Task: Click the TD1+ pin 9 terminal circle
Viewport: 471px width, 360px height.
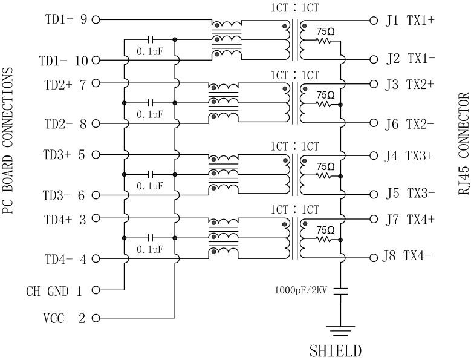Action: pyautogui.click(x=95, y=20)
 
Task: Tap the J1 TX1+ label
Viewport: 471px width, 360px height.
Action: pyautogui.click(x=409, y=20)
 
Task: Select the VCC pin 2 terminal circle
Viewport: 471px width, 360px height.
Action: pyautogui.click(x=95, y=318)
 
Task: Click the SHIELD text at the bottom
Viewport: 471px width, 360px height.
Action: pyautogui.click(x=336, y=350)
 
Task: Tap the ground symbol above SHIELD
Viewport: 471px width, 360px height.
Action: pyautogui.click(x=340, y=330)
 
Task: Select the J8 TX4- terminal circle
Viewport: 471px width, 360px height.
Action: pyautogui.click(x=372, y=257)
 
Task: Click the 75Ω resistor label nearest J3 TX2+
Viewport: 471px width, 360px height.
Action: pyautogui.click(x=325, y=94)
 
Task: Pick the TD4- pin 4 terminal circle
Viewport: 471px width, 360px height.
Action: pyautogui.click(x=95, y=259)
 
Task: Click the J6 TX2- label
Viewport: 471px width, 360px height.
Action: pyautogui.click(x=409, y=124)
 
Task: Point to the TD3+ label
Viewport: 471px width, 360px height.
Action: pyautogui.click(x=59, y=154)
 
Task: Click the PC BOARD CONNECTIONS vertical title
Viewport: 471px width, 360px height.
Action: pyautogui.click(x=7, y=140)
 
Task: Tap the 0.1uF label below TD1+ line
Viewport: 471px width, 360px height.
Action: pyautogui.click(x=149, y=53)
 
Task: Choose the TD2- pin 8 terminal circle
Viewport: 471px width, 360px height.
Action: pyautogui.click(x=95, y=123)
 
